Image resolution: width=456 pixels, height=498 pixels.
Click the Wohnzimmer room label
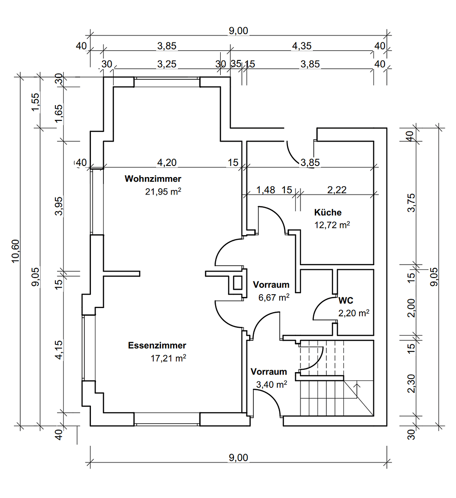tap(153, 179)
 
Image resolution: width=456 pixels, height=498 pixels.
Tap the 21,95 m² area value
tap(163, 192)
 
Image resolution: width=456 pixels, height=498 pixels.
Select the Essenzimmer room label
tap(157, 345)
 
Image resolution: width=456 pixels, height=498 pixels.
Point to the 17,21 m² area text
tap(168, 358)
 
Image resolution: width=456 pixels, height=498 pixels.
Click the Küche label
tap(328, 213)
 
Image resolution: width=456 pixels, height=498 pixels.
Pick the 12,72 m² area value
tap(332, 225)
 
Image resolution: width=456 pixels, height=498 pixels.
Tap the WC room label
tap(346, 301)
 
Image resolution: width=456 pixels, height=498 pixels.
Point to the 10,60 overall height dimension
tap(16, 251)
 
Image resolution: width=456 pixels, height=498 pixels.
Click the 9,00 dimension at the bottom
tap(239, 458)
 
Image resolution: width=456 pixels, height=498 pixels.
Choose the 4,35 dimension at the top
tap(302, 46)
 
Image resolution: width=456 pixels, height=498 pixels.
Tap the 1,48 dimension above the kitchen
tap(265, 190)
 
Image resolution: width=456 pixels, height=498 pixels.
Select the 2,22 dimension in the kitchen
tap(337, 190)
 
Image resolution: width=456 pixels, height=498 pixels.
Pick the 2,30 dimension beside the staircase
tap(413, 383)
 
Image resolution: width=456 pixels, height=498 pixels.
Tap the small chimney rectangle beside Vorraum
tap(237, 282)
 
